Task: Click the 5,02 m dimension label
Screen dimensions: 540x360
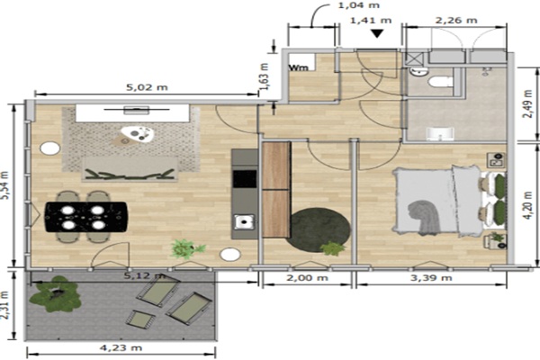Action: pos(147,87)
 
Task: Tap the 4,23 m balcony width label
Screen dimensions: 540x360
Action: pos(121,347)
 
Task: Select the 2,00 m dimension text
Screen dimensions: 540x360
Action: pos(307,278)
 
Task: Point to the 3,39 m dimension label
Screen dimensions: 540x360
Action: pos(431,278)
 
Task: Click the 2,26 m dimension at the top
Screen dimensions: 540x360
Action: pos(456,21)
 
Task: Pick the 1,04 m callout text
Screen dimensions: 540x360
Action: pos(359,5)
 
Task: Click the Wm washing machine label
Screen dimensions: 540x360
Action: pos(298,67)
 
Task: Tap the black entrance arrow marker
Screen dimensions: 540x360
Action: pos(377,33)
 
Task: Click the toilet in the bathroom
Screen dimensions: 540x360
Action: pos(440,82)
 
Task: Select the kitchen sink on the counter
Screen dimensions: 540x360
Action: pos(245,221)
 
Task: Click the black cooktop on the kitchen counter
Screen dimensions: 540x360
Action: pos(245,179)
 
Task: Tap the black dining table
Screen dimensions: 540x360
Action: pos(85,217)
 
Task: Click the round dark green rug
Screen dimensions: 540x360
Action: pos(319,229)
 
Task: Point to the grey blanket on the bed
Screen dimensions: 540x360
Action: pos(424,217)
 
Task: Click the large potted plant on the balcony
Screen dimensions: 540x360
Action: pos(56,294)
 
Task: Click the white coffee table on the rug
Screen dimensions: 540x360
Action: pos(137,134)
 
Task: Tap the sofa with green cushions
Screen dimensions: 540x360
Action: pos(130,169)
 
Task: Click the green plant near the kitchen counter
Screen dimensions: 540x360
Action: pos(187,248)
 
